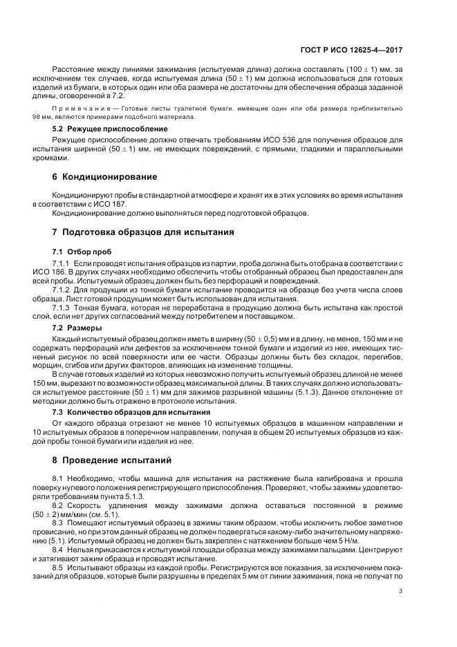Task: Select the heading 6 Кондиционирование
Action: [104, 177]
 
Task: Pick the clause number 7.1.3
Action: [62, 306]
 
